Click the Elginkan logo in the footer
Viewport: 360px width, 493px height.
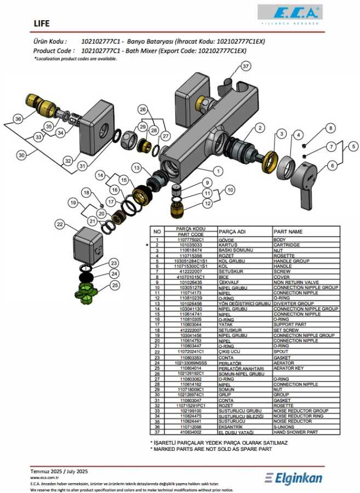[294, 478]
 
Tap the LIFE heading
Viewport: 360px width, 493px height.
[42, 24]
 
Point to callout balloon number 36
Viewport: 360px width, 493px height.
[18, 119]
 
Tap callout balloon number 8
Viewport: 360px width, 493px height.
[330, 128]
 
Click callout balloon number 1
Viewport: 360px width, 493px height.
[219, 171]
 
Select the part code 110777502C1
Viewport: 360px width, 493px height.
[191, 239]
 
